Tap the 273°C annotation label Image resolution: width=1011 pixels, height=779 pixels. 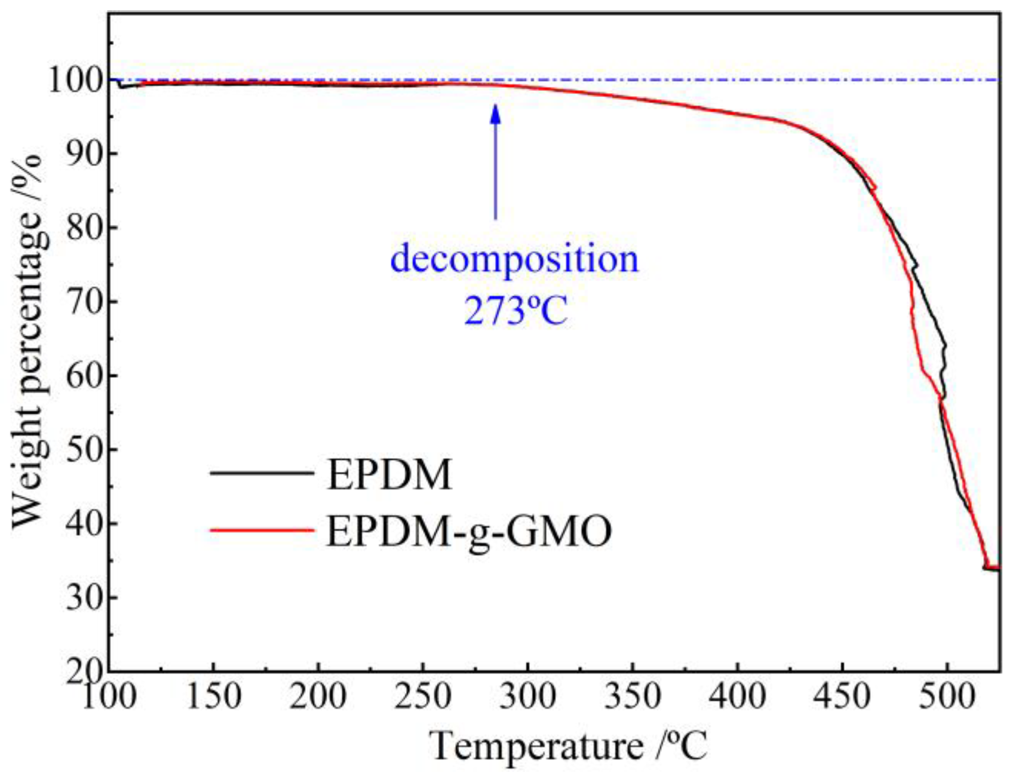pyautogui.click(x=515, y=310)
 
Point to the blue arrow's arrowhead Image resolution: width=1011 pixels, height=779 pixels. pyautogui.click(x=495, y=113)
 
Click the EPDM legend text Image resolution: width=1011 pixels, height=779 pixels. pyautogui.click(x=389, y=474)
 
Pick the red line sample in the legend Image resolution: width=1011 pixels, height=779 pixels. pyautogui.click(x=261, y=530)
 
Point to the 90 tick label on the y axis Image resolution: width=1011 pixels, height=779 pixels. pyautogui.click(x=84, y=154)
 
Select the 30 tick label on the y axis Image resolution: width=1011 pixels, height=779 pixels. pyautogui.click(x=84, y=597)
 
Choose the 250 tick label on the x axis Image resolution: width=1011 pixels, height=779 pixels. pyautogui.click(x=423, y=696)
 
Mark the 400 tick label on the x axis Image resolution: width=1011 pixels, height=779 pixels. pyautogui.click(x=737, y=696)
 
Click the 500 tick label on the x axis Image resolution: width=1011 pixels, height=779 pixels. pyautogui.click(x=947, y=696)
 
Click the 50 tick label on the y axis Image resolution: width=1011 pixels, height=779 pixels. pyautogui.click(x=84, y=449)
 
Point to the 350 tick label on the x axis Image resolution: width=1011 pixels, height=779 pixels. pyautogui.click(x=633, y=696)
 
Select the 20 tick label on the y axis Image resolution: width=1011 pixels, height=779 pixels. pyautogui.click(x=84, y=670)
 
